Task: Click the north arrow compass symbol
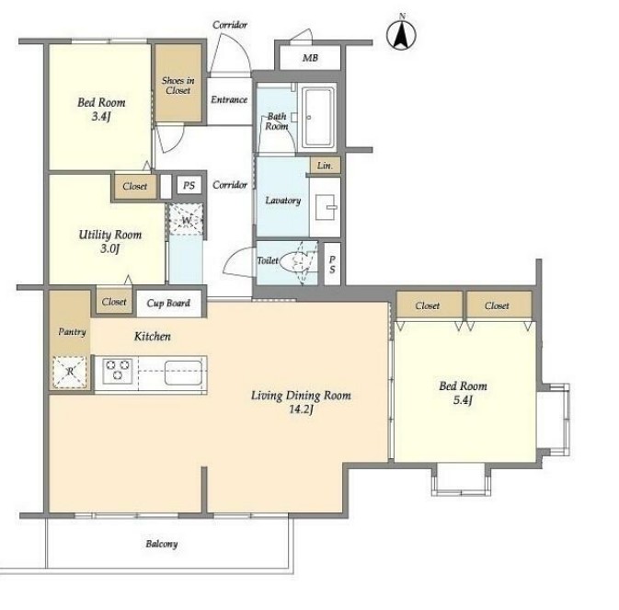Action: [401, 33]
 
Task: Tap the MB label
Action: [310, 58]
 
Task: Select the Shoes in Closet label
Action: [178, 86]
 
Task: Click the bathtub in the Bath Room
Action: [318, 117]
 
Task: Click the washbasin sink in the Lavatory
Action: [326, 207]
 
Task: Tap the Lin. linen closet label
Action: [325, 166]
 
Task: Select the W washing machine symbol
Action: [186, 220]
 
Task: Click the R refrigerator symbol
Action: [70, 372]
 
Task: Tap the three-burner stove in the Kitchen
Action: [117, 371]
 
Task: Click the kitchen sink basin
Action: [184, 373]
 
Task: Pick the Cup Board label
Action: [168, 304]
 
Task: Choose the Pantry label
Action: [72, 331]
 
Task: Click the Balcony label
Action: [162, 544]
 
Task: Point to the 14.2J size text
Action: [301, 409]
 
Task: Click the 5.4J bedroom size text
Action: [463, 400]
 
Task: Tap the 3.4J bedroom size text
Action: [100, 117]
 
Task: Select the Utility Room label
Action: [110, 235]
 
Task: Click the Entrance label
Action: [229, 99]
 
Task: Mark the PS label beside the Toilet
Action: [332, 264]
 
